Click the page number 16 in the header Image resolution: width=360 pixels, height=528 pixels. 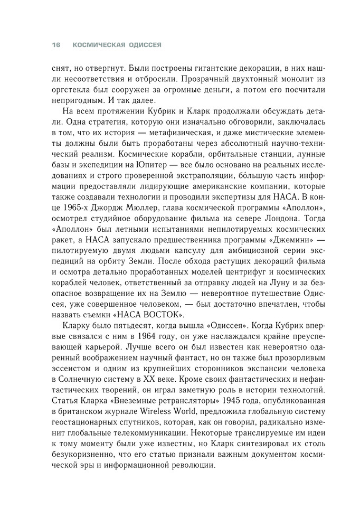click(x=55, y=46)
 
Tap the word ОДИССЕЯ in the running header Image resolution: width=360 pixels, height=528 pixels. click(x=144, y=46)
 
